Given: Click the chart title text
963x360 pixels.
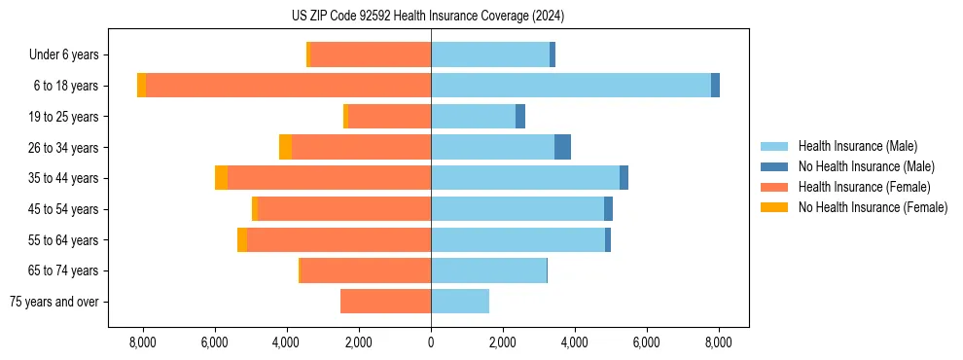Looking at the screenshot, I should point(427,17).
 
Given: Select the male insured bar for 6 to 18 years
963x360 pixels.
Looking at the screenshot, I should point(571,86).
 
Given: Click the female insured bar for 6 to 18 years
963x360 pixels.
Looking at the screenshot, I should point(288,86).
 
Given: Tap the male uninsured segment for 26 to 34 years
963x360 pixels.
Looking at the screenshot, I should point(562,147).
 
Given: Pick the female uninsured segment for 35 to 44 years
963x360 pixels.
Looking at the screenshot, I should point(221,178).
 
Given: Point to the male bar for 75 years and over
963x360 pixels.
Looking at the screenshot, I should point(460,302).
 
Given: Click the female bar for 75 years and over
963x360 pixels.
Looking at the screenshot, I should point(385,302).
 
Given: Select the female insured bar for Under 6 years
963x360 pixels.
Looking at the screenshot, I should point(371,54).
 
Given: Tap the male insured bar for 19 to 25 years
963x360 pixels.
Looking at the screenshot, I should point(473,117).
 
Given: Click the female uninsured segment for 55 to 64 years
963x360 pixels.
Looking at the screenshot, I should point(242,239).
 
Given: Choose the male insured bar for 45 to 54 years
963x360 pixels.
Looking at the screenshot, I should point(517,209).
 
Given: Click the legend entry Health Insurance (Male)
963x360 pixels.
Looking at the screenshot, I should point(856,146).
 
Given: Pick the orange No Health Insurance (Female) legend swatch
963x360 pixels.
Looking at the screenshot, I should point(775,207).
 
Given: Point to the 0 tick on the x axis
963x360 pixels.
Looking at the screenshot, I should point(431,342).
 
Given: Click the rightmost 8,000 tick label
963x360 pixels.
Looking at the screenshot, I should point(718,342).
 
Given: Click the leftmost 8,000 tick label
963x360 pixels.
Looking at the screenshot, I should point(143,342).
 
